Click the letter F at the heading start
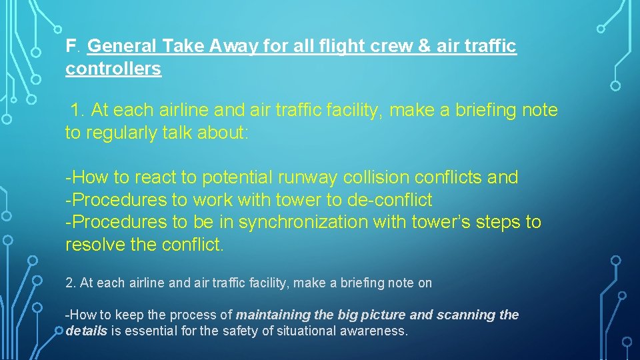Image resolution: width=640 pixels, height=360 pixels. click(x=70, y=47)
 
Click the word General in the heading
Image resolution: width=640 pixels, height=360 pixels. click(x=122, y=47)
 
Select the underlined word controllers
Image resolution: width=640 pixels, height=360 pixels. click(x=113, y=69)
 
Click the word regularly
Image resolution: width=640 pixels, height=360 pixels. click(x=120, y=133)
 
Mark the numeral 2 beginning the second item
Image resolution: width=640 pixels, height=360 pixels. click(x=69, y=283)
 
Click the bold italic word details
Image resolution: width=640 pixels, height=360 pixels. click(x=87, y=331)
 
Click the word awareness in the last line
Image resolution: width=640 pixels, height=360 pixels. click(x=378, y=331)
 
